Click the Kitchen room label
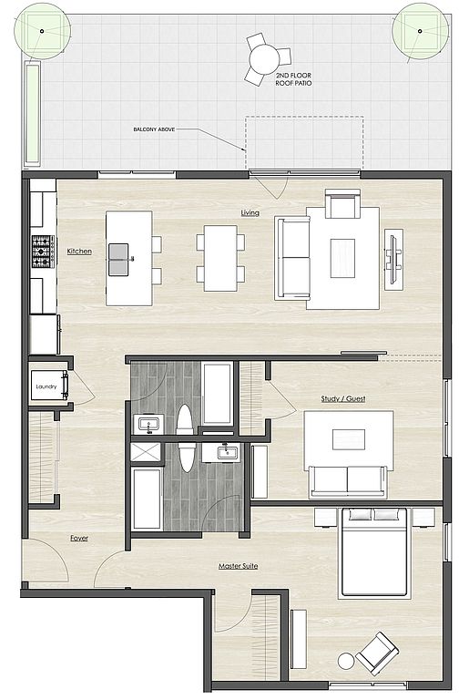point(79,252)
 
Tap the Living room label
point(250,213)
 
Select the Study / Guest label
point(343,398)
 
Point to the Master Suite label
point(238,566)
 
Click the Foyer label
point(79,539)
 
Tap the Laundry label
point(46,386)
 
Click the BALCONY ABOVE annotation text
point(154,129)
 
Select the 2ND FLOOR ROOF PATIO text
point(293,79)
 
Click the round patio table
point(264,59)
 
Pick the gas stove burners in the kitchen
point(43,252)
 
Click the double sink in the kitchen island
point(119,259)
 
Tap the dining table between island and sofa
point(220,259)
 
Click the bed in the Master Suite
point(375,552)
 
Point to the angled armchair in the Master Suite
point(377,654)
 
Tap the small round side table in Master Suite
point(346,661)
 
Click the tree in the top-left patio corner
point(42,31)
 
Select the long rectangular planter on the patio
point(33,114)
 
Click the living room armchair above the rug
point(342,203)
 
